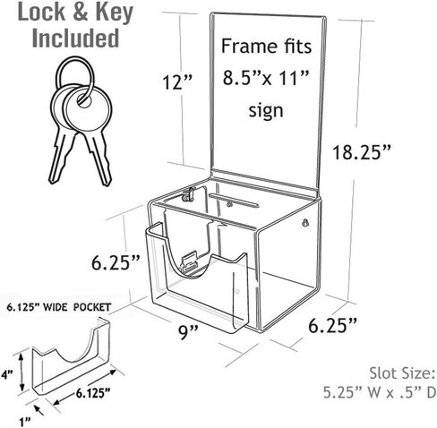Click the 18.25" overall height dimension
362,152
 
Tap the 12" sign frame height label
177,81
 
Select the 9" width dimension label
188,332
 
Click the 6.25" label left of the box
116,262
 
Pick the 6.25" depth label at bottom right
332,325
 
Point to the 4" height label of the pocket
6,374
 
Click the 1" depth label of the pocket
25,422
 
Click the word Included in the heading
75,38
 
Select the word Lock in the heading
41,13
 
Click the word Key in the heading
115,13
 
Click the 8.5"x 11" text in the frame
265,78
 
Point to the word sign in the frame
266,111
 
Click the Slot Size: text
402,373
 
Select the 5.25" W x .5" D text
380,393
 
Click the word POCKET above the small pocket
92,307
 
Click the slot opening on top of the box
234,200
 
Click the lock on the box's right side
304,223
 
